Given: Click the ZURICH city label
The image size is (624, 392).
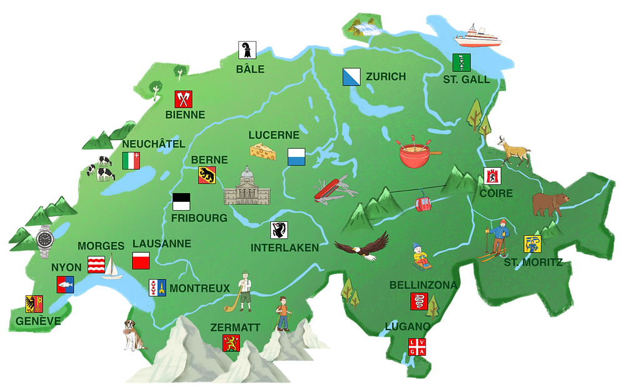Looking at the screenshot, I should pos(386,77).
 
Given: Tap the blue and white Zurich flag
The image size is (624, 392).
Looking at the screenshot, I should pos(351,77).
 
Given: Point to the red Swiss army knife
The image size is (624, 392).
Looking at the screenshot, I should pos(335,188).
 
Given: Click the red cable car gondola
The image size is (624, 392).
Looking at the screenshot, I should pos(423,204).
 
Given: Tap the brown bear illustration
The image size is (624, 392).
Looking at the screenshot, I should pos(550,203).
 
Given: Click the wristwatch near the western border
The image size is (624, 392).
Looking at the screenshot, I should pos(45,241).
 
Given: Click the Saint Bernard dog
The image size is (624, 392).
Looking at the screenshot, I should pos(133,335).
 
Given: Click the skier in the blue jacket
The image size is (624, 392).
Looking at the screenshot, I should pos(496,239).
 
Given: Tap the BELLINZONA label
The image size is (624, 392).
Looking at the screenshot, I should pos(423,285).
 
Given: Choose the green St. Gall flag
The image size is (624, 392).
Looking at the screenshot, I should pos(461,62).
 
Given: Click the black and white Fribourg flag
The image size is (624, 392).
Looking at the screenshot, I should pos(181,202).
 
